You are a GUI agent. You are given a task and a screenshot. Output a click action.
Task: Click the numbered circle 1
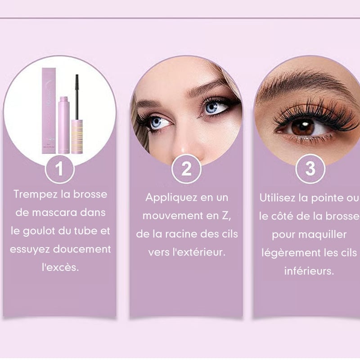tap(60, 169)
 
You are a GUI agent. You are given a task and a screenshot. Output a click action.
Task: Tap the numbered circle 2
tap(186, 169)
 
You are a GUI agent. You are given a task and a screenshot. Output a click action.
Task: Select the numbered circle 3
tap(310, 169)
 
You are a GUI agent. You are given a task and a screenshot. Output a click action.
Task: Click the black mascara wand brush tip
tap(77, 83)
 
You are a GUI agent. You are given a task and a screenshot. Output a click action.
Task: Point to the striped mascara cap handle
tap(77, 136)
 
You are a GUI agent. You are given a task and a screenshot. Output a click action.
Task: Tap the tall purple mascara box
tap(49, 110)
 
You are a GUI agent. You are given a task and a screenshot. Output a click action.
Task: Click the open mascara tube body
tap(64, 125)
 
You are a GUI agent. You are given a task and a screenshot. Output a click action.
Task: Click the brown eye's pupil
tap(303, 127)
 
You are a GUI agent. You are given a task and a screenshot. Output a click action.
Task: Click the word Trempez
tap(36, 194)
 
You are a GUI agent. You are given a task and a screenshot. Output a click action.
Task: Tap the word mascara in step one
tap(54, 213)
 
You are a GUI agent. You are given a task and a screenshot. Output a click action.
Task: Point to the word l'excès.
tap(60, 267)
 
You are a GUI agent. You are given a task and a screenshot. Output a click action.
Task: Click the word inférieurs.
tap(309, 271)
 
